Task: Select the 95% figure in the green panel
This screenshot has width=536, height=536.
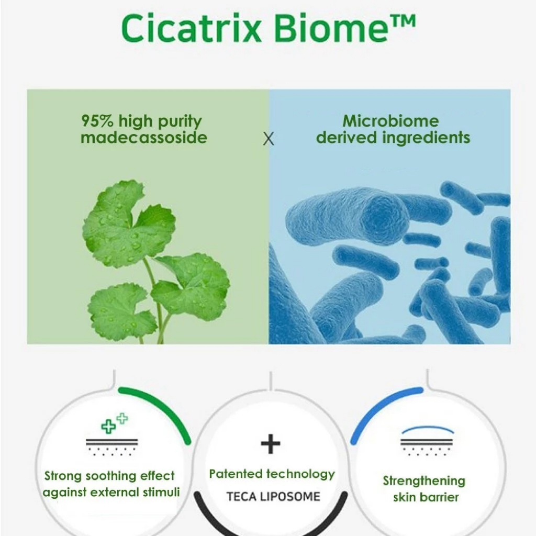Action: [97, 120]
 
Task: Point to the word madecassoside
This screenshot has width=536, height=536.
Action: [144, 138]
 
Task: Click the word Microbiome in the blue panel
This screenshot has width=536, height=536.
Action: [390, 121]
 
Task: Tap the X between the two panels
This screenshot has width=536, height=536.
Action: [269, 139]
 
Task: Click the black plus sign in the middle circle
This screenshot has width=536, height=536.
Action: [271, 444]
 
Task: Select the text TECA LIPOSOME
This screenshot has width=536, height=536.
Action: [273, 496]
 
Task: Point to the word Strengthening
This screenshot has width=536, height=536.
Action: [424, 481]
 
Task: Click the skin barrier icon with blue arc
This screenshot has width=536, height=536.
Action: [427, 441]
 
